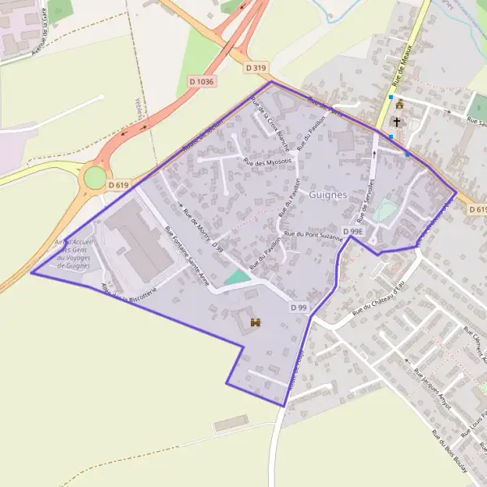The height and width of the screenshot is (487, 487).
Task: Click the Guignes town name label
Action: click(328, 195)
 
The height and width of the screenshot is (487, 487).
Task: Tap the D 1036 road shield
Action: click(201, 81)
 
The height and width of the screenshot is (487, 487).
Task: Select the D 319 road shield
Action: click(256, 68)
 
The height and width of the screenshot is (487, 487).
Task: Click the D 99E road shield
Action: click(352, 231)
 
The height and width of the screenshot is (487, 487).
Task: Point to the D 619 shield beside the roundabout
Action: click(118, 185)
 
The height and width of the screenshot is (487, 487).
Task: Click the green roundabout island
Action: click(95, 177)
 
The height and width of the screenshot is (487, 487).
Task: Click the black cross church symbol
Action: click(397, 122)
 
